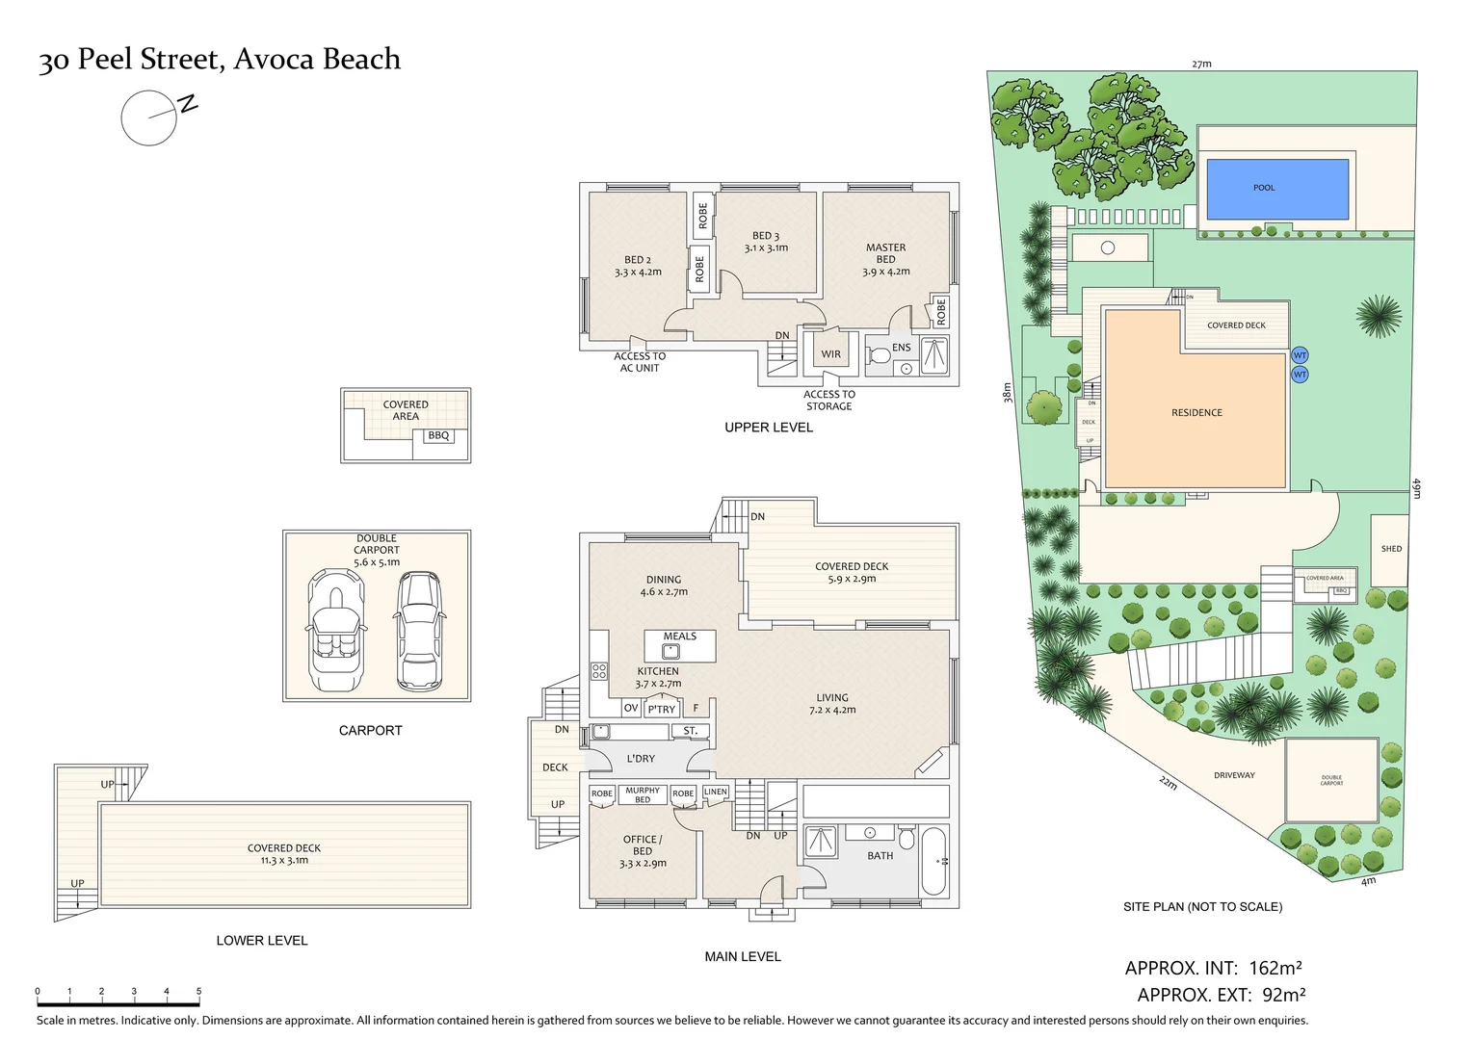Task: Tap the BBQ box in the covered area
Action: pyautogui.click(x=438, y=436)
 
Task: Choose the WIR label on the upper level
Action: pyautogui.click(x=830, y=354)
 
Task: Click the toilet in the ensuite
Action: pyautogui.click(x=878, y=356)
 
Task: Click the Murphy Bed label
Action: pyautogui.click(x=643, y=794)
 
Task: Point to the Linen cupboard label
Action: pyautogui.click(x=716, y=793)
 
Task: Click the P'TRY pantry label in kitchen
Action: pyautogui.click(x=662, y=710)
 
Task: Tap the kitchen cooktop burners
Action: pyautogui.click(x=599, y=671)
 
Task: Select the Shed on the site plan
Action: pyautogui.click(x=1391, y=549)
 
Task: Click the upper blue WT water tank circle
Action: pyautogui.click(x=1300, y=355)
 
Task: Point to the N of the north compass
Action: pyautogui.click(x=188, y=104)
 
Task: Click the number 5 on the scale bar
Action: pyautogui.click(x=198, y=991)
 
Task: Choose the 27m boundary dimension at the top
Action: pyautogui.click(x=1201, y=65)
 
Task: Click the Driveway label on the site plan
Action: pyautogui.click(x=1234, y=775)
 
